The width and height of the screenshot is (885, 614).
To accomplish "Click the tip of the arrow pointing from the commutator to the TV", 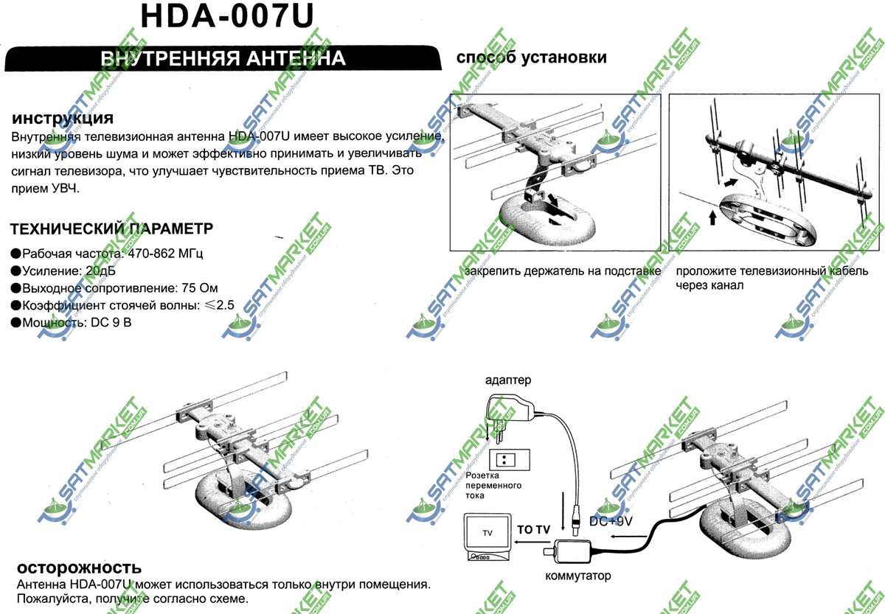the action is coord(514,542).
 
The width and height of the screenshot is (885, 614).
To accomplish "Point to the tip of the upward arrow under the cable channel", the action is coord(712,211).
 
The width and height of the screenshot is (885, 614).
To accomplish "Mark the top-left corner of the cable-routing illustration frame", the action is coord(669,94).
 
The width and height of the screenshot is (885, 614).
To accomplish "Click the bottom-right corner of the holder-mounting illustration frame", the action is coord(661,251).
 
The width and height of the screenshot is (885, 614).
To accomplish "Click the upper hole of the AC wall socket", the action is coord(504,457).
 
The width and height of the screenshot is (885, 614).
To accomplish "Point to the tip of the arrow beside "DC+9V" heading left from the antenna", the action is coord(610,536).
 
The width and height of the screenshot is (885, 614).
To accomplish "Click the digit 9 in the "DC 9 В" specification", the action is coord(115,323).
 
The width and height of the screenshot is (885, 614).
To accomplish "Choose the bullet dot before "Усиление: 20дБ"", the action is coord(15,271).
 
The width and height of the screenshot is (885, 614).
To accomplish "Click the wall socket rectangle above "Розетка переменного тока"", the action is coord(510,460).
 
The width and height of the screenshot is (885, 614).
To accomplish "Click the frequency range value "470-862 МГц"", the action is coord(165,253).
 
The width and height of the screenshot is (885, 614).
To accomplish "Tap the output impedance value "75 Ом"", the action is coord(200,288).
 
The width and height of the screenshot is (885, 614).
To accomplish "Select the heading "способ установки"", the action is coord(532,57).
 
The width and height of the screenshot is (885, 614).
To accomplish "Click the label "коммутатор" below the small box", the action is coord(578,576).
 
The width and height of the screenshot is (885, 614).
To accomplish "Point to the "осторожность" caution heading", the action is coord(79,568).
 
